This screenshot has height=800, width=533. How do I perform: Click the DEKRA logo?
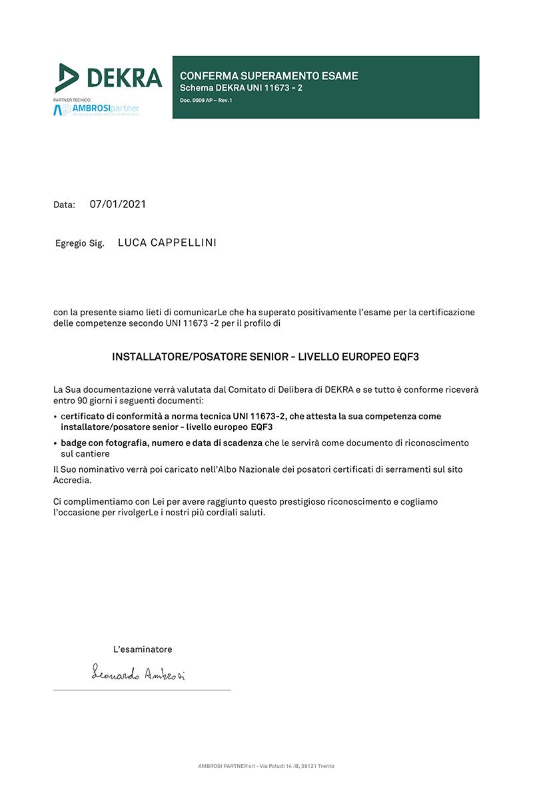[x=109, y=78]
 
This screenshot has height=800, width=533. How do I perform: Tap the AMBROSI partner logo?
[x=97, y=109]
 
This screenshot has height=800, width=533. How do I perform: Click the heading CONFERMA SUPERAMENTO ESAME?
[x=268, y=76]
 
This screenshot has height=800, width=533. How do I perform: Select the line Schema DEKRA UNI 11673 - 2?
[x=241, y=88]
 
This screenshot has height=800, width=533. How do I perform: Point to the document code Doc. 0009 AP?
[x=196, y=100]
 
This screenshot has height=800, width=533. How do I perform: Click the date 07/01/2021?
[x=118, y=204]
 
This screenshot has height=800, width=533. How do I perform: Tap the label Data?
[x=64, y=205]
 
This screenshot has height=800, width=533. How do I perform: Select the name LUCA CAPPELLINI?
[x=167, y=243]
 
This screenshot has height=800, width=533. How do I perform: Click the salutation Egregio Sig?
[x=79, y=244]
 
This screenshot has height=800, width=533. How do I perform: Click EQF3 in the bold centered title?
[x=405, y=357]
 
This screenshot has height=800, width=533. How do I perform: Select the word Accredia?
[x=72, y=480]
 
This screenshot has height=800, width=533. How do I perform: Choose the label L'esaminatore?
[x=143, y=649]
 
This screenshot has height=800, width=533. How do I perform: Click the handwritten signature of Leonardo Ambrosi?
[x=138, y=675]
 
